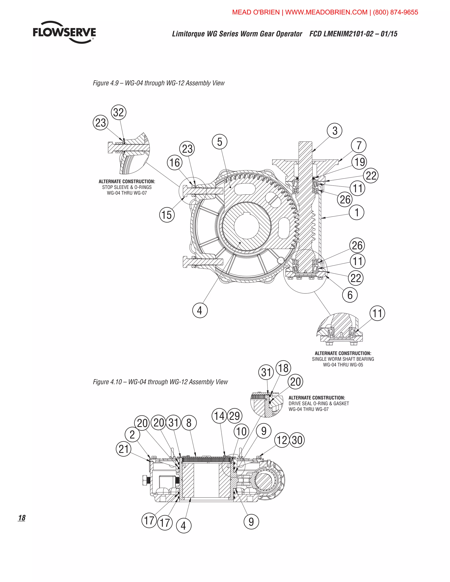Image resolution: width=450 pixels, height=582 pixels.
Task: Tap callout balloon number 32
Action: tap(118, 112)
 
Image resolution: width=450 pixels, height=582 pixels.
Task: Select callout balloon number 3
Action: tap(335, 131)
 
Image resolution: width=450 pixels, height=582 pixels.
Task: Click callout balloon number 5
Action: tap(220, 142)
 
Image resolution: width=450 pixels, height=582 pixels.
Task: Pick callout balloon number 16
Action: tap(175, 163)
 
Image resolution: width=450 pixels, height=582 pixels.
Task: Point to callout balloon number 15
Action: tap(167, 215)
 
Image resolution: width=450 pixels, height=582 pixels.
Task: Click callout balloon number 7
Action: tap(359, 145)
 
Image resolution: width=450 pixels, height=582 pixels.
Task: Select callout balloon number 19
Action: tap(359, 162)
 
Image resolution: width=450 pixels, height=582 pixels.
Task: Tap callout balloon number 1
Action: tap(357, 212)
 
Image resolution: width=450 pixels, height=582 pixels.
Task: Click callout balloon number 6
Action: tap(350, 295)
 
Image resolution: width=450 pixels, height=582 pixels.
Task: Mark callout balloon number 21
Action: tap(123, 449)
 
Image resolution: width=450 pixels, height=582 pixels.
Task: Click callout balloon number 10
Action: tap(241, 431)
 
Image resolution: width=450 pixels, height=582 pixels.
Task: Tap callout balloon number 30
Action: tap(297, 440)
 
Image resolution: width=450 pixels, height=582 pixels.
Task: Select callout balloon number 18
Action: tap(283, 368)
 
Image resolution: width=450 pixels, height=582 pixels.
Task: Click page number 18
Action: tap(22, 518)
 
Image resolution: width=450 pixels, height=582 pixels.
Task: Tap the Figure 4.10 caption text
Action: tap(160, 382)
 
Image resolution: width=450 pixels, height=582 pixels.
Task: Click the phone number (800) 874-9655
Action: tap(395, 12)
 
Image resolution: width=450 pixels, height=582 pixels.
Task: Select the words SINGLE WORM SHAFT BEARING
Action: tap(343, 359)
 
